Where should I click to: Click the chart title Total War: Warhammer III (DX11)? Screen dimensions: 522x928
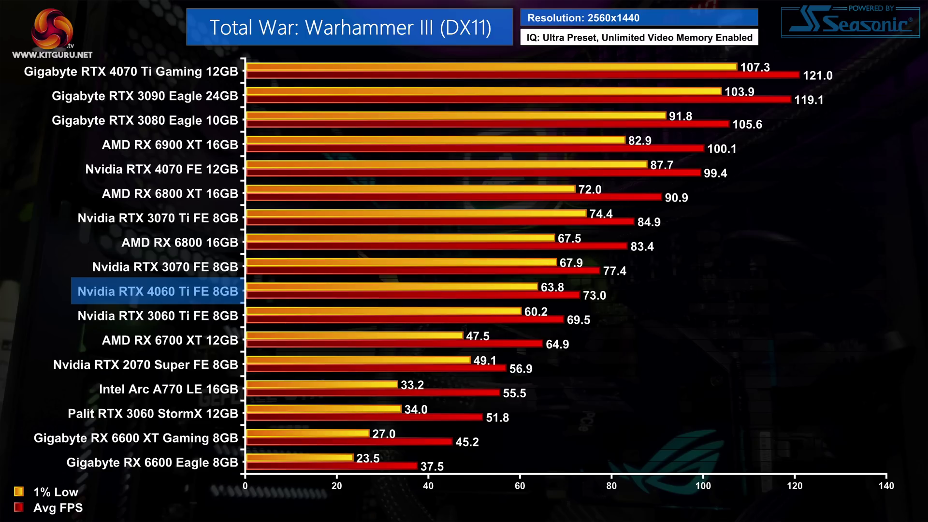point(349,28)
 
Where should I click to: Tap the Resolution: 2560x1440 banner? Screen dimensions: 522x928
point(638,18)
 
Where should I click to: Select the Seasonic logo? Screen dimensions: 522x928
point(850,22)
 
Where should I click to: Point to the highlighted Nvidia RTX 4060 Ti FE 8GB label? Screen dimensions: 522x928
point(158,291)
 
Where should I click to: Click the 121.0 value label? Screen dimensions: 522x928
point(817,75)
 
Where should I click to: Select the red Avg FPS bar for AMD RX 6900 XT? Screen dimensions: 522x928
point(475,148)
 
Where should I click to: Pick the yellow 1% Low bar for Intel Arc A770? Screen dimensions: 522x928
point(322,384)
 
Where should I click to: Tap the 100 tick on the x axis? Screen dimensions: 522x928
point(703,486)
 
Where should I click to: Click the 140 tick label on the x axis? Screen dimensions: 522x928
point(886,486)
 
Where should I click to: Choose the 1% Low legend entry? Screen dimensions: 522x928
point(46,492)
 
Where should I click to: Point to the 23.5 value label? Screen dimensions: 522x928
point(367,458)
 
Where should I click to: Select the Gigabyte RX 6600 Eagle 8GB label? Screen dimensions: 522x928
point(152,463)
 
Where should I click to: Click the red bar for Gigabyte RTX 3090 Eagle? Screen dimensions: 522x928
point(518,99)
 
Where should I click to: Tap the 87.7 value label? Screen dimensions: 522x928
point(661,165)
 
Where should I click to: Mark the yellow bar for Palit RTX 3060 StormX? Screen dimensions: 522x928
point(324,409)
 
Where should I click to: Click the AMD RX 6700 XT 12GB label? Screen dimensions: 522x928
point(170,340)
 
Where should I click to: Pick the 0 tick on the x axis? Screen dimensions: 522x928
point(245,486)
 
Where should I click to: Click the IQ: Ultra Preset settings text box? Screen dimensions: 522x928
point(639,38)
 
